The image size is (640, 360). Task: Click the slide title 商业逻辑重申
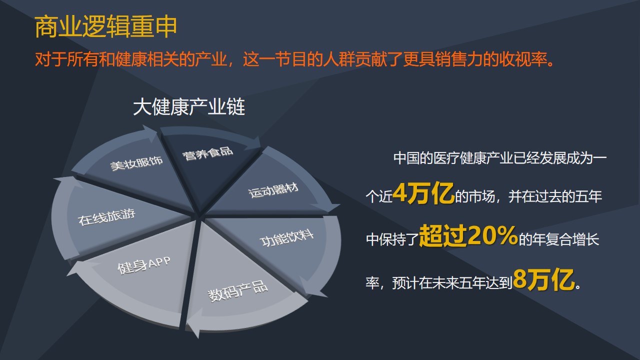coord(105,27)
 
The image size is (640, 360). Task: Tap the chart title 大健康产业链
coord(189,107)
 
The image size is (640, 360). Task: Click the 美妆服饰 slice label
coord(136,163)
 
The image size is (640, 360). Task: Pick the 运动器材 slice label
coord(273,190)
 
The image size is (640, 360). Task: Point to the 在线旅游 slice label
coord(106,217)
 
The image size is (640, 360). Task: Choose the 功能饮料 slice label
coord(286,238)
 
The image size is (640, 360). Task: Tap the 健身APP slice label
coord(144,265)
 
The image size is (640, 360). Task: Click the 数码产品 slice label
coord(237,291)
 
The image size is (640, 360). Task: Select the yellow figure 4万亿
coord(423,193)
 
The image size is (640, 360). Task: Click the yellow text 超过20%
coord(468,235)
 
